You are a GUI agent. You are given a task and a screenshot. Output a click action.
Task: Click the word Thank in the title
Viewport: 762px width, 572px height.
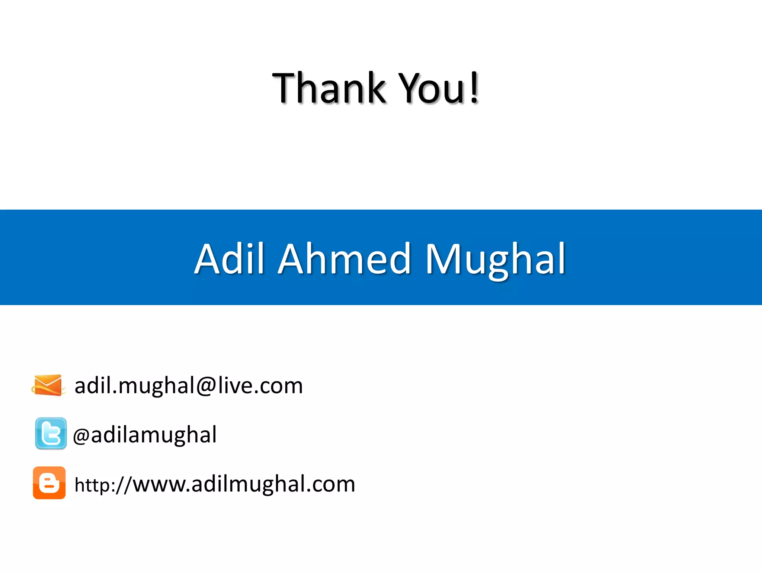(329, 88)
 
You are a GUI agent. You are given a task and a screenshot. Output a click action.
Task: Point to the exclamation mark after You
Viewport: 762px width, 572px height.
(474, 88)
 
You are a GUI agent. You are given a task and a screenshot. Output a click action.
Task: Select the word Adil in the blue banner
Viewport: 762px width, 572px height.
(229, 258)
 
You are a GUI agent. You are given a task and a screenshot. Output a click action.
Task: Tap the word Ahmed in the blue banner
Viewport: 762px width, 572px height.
(344, 258)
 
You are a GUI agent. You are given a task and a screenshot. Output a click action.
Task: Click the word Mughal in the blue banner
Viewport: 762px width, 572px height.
(495, 259)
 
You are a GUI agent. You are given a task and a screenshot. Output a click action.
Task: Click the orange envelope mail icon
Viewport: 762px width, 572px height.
(48, 385)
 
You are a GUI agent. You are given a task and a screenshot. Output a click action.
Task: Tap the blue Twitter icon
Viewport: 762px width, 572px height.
(51, 433)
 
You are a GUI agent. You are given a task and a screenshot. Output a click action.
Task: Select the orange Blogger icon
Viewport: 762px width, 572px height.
(49, 483)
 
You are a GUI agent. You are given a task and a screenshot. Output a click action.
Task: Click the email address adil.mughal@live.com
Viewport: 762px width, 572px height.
(189, 386)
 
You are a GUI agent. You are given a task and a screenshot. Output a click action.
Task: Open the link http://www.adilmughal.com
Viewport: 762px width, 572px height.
(215, 484)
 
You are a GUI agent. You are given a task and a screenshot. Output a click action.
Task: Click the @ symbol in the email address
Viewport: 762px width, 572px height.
(206, 386)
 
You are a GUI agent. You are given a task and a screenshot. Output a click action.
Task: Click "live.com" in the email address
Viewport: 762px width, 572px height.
(260, 386)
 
